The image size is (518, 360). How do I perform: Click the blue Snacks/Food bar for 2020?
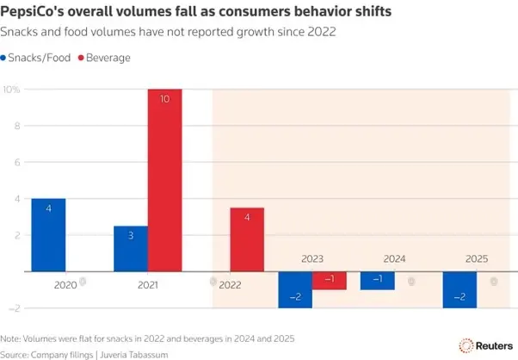click(48, 234)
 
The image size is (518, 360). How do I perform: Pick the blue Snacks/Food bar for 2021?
click(131, 248)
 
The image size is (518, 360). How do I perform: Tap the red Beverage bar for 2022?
click(247, 239)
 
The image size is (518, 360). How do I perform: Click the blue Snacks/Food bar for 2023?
click(295, 289)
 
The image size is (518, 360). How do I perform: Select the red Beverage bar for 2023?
click(329, 280)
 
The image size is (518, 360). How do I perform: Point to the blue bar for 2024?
click(378, 280)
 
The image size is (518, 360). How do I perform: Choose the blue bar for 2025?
click(459, 289)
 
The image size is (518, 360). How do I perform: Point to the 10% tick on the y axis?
click(12, 90)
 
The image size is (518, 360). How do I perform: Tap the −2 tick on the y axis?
click(14, 307)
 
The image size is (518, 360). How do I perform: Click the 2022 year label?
click(230, 282)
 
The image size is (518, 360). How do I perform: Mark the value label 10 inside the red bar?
click(164, 100)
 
